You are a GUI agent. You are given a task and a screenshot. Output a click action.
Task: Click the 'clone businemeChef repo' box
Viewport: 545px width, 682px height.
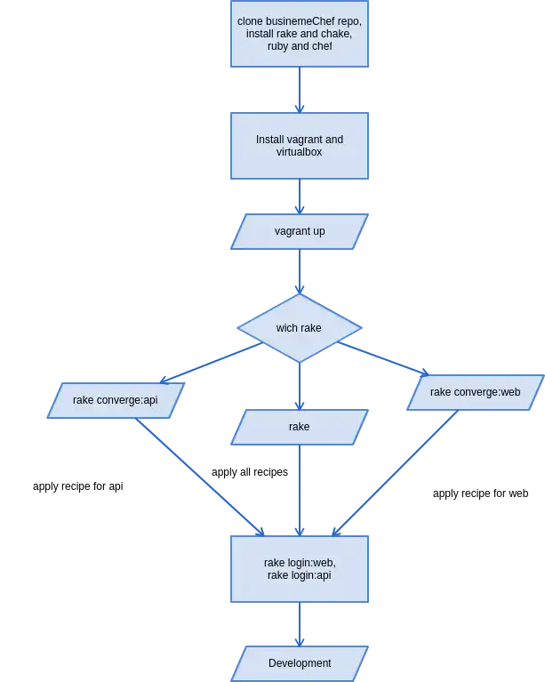300,34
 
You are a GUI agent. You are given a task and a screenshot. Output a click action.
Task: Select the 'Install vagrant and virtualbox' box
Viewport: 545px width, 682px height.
300,146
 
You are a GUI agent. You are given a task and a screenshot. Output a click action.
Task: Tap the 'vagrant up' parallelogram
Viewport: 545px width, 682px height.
300,231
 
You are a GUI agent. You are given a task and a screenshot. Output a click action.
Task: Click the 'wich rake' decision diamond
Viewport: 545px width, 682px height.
300,328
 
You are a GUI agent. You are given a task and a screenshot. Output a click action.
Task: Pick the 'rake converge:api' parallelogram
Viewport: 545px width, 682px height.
116,400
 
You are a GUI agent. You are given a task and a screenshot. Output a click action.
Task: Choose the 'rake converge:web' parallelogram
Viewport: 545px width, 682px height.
475,392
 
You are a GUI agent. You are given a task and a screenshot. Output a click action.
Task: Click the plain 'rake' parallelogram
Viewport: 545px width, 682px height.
300,427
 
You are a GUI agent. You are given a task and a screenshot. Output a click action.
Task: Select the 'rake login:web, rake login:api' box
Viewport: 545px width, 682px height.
300,569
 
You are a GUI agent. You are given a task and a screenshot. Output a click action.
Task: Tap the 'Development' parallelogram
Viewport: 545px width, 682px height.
300,663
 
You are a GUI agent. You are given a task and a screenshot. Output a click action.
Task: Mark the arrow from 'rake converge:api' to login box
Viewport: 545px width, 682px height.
200,477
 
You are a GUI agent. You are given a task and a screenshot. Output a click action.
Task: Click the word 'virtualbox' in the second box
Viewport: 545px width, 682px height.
300,152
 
